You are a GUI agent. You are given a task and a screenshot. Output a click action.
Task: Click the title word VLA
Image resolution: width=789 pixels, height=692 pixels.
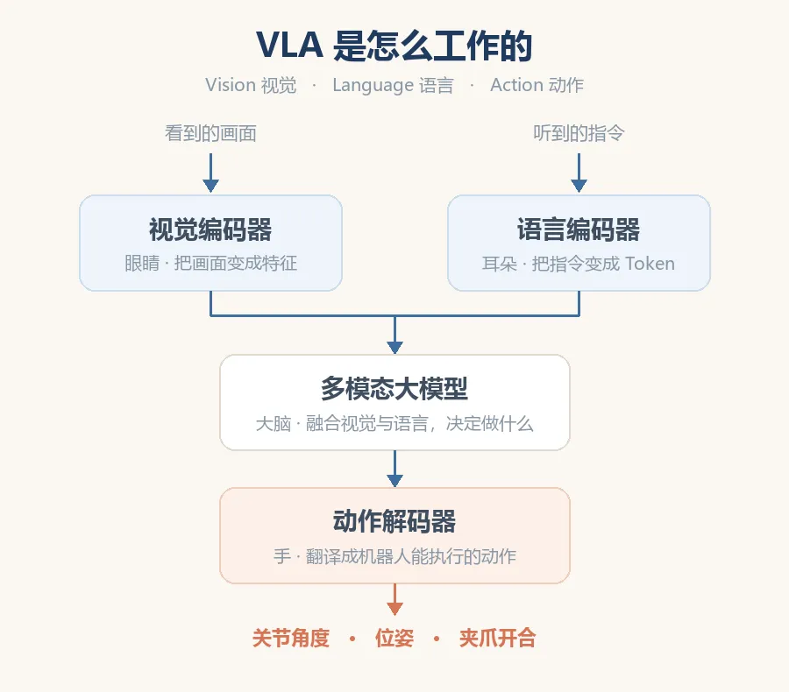pyautogui.click(x=289, y=46)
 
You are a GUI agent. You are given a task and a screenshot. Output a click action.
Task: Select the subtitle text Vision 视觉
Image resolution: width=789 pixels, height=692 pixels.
pyautogui.click(x=251, y=85)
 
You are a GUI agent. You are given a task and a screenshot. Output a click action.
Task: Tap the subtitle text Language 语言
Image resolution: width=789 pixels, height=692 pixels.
pyautogui.click(x=393, y=85)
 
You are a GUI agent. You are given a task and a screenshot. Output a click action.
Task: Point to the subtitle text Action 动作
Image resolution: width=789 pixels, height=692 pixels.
pyautogui.click(x=537, y=85)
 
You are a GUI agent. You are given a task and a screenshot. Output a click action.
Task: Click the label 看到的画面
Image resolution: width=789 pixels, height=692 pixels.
pyautogui.click(x=210, y=133)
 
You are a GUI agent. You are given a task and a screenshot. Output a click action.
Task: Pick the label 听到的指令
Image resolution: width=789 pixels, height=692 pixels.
pyautogui.click(x=579, y=133)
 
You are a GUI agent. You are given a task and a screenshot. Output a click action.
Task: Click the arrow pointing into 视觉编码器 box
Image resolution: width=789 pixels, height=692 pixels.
pyautogui.click(x=210, y=173)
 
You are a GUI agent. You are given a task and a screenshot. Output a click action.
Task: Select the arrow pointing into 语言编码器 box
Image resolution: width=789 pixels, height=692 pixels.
pyautogui.click(x=579, y=173)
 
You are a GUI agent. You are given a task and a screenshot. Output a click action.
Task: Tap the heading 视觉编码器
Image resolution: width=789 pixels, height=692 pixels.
pyautogui.click(x=210, y=229)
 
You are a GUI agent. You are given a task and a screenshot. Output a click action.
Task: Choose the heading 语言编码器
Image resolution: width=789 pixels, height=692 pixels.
pyautogui.click(x=579, y=229)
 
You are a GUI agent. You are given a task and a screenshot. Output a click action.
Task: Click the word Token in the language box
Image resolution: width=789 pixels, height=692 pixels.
pyautogui.click(x=650, y=264)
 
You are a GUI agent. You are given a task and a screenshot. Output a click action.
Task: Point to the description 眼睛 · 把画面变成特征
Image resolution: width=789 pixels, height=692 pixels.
pyautogui.click(x=210, y=263)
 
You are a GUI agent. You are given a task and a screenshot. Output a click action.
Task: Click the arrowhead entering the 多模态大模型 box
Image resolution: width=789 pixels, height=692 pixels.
pyautogui.click(x=394, y=347)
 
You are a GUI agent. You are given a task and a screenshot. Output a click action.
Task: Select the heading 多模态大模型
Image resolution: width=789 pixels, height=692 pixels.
pyautogui.click(x=394, y=389)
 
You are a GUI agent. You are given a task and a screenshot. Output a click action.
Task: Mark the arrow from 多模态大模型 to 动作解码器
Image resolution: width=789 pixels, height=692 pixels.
pyautogui.click(x=394, y=469)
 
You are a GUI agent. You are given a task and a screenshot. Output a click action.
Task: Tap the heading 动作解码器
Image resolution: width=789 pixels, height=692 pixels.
pyautogui.click(x=394, y=521)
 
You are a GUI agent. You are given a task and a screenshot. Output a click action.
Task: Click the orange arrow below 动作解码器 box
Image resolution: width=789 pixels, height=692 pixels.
pyautogui.click(x=394, y=599)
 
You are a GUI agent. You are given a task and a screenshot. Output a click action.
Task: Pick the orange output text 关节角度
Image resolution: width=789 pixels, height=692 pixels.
pyautogui.click(x=291, y=639)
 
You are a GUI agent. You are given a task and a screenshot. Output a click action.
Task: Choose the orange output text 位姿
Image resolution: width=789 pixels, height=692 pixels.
pyautogui.click(x=394, y=639)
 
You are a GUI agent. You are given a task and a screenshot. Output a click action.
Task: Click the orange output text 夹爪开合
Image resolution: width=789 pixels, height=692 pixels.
pyautogui.click(x=498, y=639)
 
